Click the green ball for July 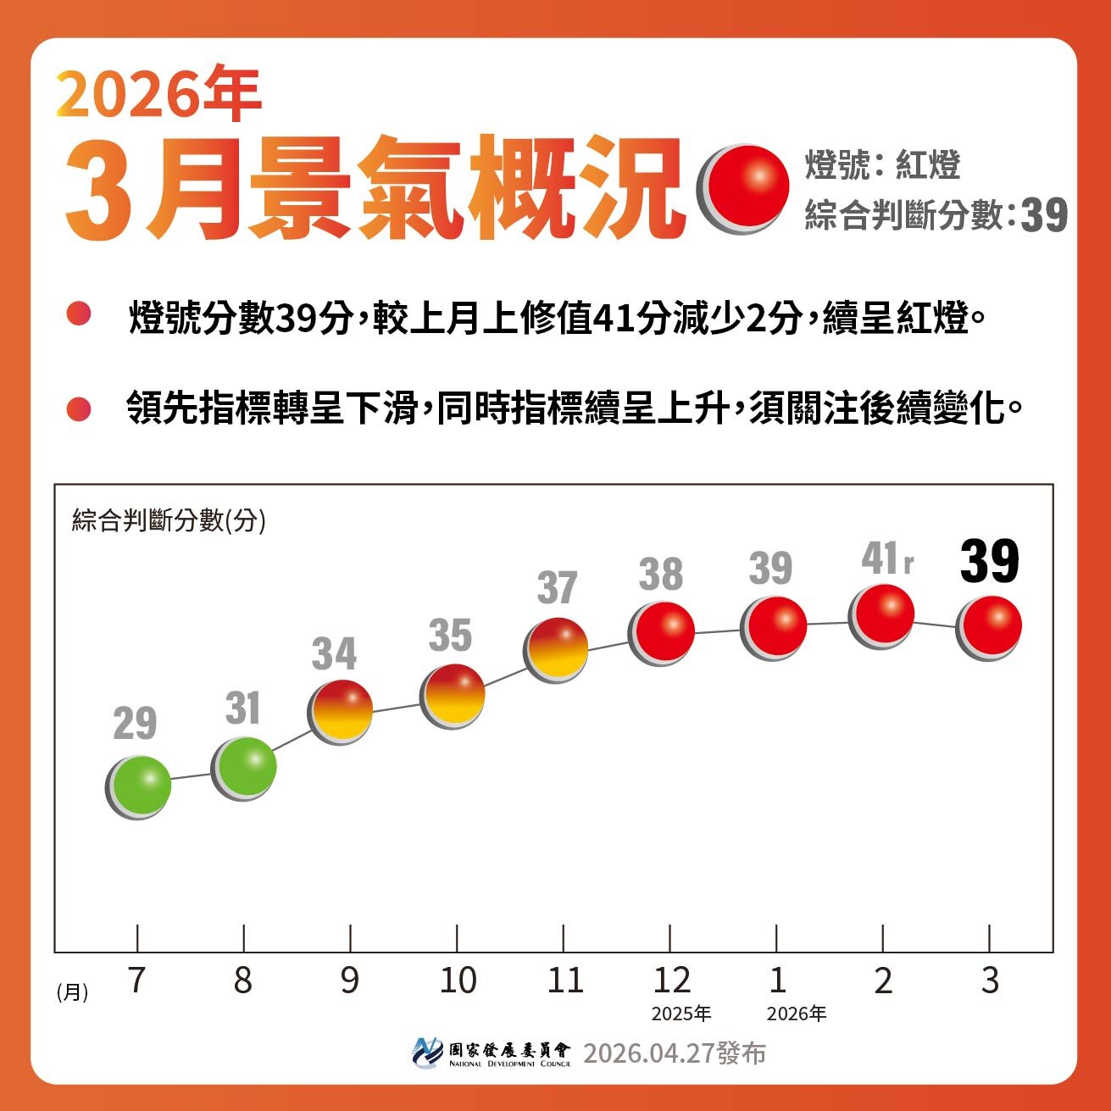139,786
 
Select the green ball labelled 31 244,768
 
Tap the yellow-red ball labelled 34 341,711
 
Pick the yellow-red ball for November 557,649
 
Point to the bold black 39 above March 989,562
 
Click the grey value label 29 135,725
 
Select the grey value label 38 661,575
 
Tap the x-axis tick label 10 458,980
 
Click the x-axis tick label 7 136,980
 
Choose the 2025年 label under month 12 681,1014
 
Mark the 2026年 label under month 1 797,1014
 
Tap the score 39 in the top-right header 1044,216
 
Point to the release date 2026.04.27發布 675,1053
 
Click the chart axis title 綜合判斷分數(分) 169,519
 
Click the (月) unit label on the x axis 73,992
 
